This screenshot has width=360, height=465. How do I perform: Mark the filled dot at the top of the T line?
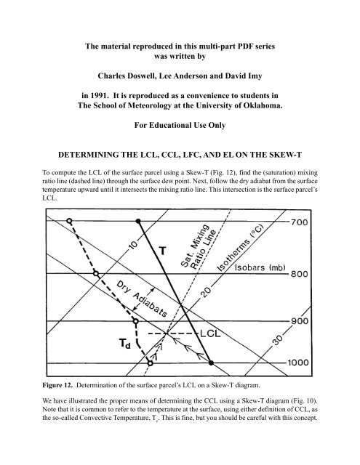coord(138,220)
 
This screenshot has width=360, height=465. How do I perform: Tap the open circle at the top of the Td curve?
coord(68,220)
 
